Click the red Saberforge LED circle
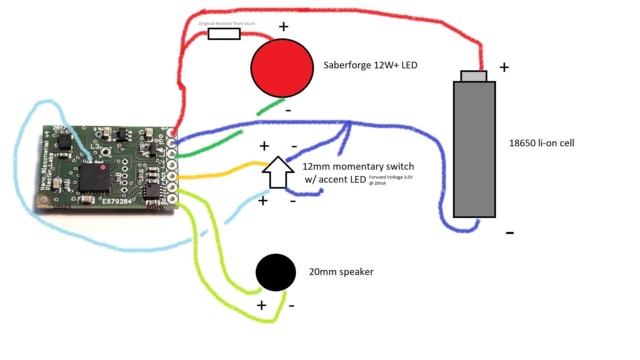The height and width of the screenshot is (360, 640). pyautogui.click(x=282, y=68)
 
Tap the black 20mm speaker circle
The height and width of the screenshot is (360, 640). pyautogui.click(x=276, y=272)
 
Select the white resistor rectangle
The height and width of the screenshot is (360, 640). pyautogui.click(x=224, y=34)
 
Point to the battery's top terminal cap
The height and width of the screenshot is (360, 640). pyautogui.click(x=474, y=76)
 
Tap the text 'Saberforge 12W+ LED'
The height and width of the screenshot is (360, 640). pyautogui.click(x=370, y=65)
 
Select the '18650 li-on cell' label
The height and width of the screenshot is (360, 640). pyautogui.click(x=542, y=143)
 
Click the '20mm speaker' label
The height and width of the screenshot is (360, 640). pyautogui.click(x=341, y=272)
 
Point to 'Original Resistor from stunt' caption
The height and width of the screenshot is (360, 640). pyautogui.click(x=227, y=24)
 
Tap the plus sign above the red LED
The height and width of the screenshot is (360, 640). pyautogui.click(x=284, y=27)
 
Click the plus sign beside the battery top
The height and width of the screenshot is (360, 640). pyautogui.click(x=504, y=68)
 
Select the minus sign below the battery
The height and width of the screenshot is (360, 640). pyautogui.click(x=510, y=233)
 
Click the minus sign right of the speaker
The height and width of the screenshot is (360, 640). pyautogui.click(x=291, y=306)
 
